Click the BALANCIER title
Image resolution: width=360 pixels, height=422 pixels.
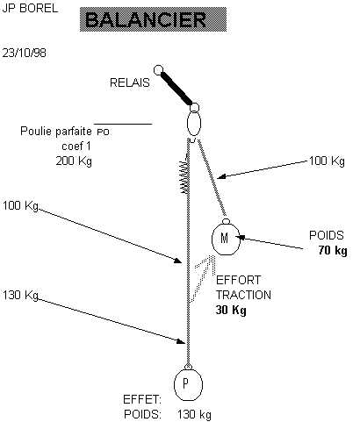[146, 20]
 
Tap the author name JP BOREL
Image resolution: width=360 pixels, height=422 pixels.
[30, 8]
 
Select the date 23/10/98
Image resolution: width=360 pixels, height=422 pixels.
[25, 53]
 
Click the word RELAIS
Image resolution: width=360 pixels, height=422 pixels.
[130, 82]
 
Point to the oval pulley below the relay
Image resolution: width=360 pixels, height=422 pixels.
[194, 124]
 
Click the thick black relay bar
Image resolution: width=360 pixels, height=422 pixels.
[176, 89]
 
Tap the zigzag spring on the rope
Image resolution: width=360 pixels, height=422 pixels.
[184, 176]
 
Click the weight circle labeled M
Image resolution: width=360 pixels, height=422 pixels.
[225, 239]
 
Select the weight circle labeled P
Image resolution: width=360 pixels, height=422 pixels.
[188, 384]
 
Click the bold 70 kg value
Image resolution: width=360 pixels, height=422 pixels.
[333, 251]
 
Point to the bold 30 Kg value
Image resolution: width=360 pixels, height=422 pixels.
[231, 310]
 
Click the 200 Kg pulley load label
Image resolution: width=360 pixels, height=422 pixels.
[74, 161]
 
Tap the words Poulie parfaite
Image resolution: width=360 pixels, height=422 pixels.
[56, 131]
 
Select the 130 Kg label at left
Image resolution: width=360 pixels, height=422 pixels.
[20, 295]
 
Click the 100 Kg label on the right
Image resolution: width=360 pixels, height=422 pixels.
[327, 161]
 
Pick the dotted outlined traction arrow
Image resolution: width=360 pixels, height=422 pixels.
[202, 278]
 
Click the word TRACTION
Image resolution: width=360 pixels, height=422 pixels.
[243, 295]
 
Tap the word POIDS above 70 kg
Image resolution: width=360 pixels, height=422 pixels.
[327, 235]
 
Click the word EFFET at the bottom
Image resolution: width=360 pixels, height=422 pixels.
[142, 399]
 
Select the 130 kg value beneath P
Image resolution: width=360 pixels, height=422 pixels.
[194, 415]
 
